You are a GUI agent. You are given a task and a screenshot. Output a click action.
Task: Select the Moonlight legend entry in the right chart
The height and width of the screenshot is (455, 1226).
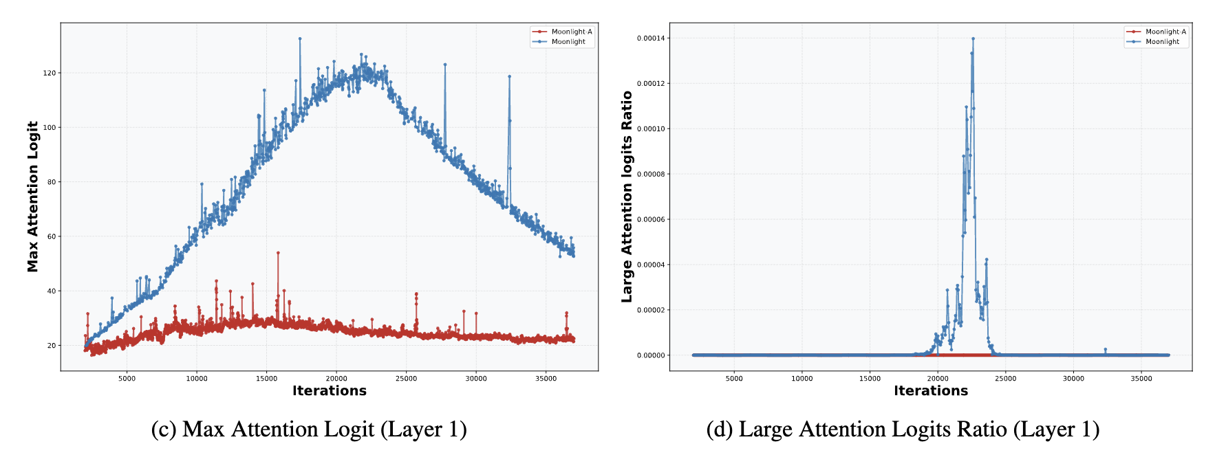1162,42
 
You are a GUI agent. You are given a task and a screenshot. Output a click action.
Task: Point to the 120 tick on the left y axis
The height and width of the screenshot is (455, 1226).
50,73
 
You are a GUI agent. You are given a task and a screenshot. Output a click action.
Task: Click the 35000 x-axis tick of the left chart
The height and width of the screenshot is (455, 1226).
546,379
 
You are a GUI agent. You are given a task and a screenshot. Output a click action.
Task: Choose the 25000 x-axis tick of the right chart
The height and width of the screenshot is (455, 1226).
1005,379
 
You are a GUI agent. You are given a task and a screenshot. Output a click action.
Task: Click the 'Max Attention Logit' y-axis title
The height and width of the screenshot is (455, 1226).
33,197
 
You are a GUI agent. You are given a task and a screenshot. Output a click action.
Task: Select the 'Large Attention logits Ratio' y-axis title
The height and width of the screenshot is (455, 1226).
627,197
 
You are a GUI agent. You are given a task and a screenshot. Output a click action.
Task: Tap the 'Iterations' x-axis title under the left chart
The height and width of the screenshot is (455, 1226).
329,391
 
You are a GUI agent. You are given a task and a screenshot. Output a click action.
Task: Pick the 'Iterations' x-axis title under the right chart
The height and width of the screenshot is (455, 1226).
930,391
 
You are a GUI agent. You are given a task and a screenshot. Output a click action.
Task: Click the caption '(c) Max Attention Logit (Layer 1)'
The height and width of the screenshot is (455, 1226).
309,429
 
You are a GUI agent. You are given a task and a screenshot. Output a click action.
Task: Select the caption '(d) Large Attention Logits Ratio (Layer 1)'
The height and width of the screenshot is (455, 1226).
903,429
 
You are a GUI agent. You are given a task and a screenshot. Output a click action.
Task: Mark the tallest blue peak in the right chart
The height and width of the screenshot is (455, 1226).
973,38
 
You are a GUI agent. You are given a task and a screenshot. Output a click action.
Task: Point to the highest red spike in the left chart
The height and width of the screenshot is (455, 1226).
278,252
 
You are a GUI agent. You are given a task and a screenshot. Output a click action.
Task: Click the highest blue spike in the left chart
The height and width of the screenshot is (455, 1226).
300,38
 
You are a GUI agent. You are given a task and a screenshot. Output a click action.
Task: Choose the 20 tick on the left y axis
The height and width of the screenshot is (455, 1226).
52,346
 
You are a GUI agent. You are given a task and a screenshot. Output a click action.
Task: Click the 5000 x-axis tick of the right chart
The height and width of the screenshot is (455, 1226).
734,379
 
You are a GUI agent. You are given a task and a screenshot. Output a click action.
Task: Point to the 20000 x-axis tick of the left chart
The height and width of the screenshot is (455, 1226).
336,379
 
